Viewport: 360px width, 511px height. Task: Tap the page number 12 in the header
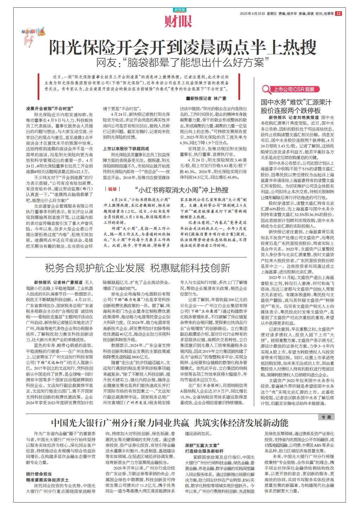click(338, 14)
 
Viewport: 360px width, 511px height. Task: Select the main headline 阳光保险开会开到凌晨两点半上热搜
click(182, 47)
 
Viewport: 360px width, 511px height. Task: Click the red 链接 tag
click(112, 189)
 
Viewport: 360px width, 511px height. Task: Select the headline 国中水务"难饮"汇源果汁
click(296, 102)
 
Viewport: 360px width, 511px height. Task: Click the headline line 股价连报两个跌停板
click(290, 110)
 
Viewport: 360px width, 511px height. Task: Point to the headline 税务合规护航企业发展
click(95, 268)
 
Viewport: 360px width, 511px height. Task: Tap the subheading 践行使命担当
click(39, 473)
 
